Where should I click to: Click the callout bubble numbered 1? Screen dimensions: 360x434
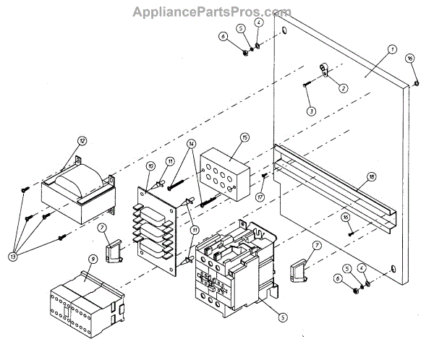pos(391,49)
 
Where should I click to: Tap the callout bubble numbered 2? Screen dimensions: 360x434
pos(343,89)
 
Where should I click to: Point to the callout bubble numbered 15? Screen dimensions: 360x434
pos(244,137)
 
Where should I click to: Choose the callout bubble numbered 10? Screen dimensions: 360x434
pos(150,166)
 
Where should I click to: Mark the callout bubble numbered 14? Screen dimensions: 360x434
pos(191,144)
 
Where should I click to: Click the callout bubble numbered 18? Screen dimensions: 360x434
pos(371,176)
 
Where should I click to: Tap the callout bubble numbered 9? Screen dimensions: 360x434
pos(93,259)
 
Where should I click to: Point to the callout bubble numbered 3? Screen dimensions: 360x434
pos(311,111)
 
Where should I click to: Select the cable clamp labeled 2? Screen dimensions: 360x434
pos(323,70)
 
